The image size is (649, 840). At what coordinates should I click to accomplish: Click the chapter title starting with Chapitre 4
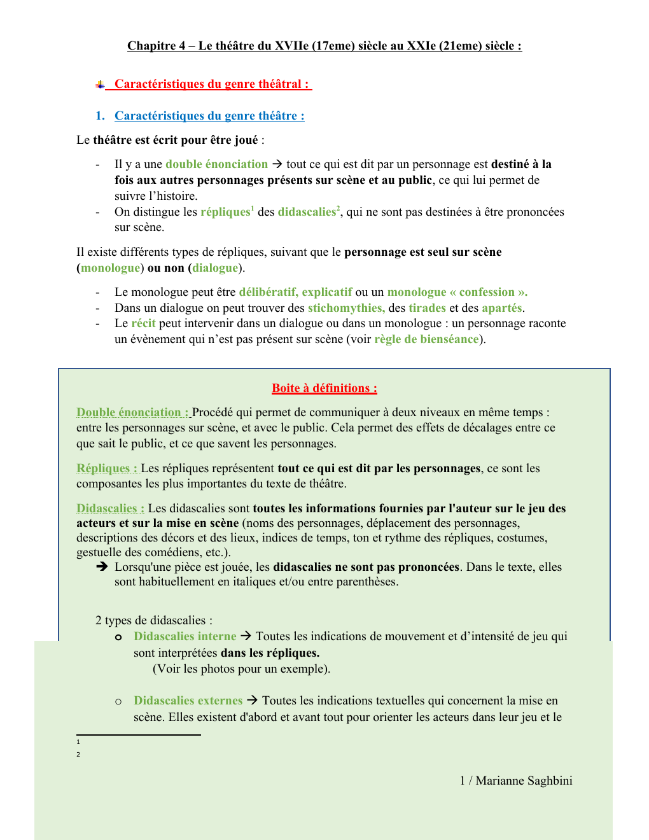(x=324, y=46)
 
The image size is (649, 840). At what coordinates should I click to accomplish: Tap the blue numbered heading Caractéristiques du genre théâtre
(x=209, y=116)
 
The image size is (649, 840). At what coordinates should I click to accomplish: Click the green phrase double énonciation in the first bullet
(x=216, y=164)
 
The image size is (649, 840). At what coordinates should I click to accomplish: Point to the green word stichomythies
(x=346, y=308)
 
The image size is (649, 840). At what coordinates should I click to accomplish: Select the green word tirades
(x=427, y=308)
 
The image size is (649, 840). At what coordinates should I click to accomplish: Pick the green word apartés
(x=501, y=308)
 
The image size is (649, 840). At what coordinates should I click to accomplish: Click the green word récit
(x=143, y=323)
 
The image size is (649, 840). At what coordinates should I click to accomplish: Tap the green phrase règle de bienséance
(x=426, y=339)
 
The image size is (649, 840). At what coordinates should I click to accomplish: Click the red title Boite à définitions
(x=324, y=388)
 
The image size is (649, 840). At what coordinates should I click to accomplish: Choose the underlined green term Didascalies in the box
(x=110, y=508)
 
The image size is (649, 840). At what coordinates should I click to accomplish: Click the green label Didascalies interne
(x=185, y=636)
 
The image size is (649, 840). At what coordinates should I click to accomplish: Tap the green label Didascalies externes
(x=188, y=701)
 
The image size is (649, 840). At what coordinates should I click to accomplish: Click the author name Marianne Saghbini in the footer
(x=524, y=781)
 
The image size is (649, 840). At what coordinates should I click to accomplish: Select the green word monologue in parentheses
(x=110, y=268)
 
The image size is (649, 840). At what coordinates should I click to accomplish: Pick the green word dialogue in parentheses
(x=215, y=268)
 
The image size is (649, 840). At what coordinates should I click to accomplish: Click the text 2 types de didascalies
(x=153, y=620)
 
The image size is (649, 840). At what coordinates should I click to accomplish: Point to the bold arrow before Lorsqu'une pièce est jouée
(x=102, y=566)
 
